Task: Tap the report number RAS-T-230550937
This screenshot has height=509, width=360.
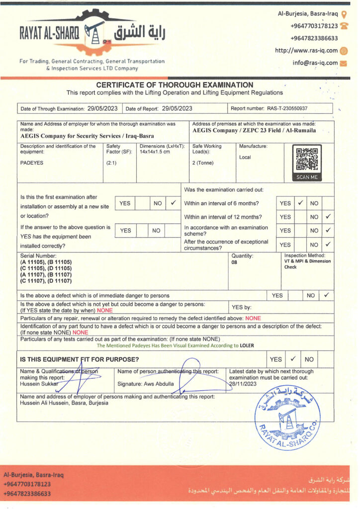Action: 287,108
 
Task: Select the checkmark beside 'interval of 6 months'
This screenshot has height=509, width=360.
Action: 300,203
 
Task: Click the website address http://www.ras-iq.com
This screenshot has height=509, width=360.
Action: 306,51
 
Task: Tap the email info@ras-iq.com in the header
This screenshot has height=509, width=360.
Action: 315,63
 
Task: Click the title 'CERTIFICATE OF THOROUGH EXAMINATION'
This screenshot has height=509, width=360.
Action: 175,85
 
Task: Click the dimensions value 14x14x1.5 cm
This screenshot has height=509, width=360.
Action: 155,152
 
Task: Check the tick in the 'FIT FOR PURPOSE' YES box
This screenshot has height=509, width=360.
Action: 293,358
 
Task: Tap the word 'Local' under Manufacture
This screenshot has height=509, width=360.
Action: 245,157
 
